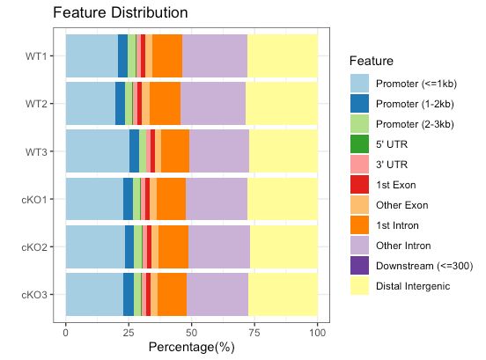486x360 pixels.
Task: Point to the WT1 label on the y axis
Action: tap(37, 56)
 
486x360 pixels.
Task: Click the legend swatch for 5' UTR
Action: tap(359, 144)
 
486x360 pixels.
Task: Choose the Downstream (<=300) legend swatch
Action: tap(359, 265)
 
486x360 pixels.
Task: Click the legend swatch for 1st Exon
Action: tap(359, 185)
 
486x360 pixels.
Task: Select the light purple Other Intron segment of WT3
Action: tap(219, 151)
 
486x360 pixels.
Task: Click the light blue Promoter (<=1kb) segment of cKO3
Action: tap(94, 293)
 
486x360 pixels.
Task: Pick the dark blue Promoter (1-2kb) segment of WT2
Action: tap(120, 104)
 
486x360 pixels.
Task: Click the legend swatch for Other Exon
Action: tap(359, 205)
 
